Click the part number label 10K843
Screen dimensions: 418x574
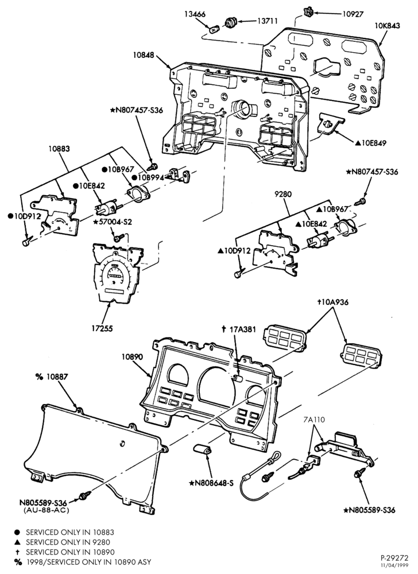(387, 26)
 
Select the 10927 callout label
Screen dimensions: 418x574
(353, 14)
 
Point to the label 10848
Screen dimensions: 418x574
(144, 55)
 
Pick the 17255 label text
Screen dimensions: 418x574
(102, 328)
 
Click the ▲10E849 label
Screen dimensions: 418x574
(370, 143)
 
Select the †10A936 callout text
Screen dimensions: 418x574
(332, 302)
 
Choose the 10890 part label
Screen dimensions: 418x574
(133, 356)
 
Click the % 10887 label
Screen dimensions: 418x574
(52, 377)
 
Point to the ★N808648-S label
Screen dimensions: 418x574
(211, 483)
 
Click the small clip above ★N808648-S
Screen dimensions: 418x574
(202, 449)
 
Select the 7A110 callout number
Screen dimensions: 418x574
(313, 420)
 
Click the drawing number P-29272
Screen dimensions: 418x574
(394, 559)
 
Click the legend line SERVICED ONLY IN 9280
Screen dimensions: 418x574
(68, 542)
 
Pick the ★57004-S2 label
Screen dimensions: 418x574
(112, 222)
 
